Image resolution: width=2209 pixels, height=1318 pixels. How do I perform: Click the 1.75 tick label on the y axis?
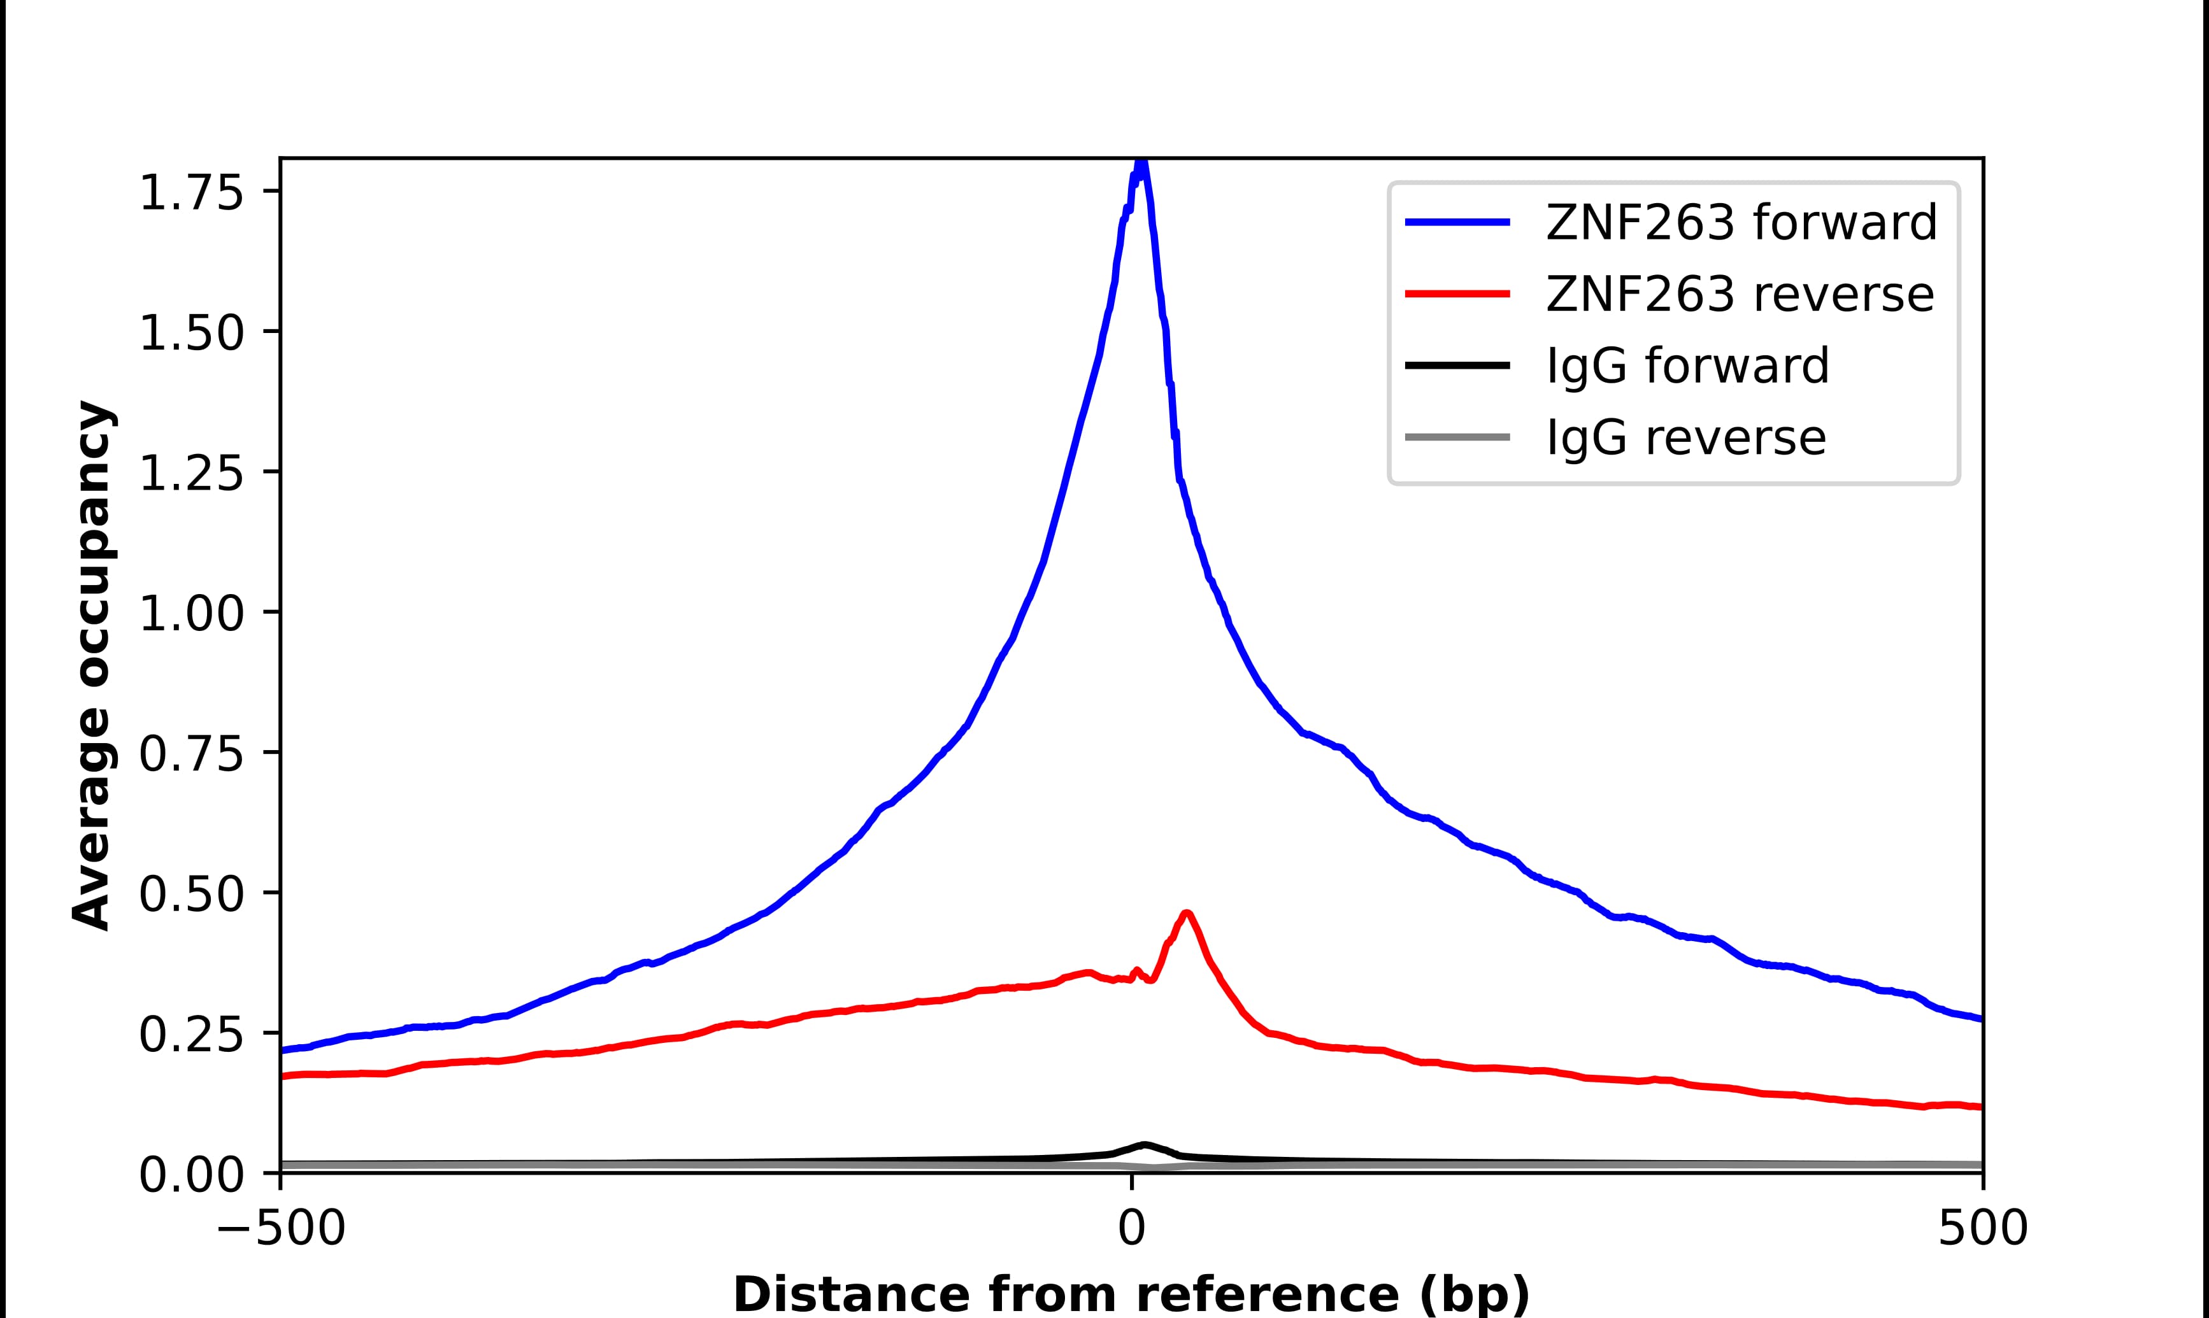click(191, 193)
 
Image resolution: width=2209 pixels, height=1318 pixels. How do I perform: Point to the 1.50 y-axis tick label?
click(191, 333)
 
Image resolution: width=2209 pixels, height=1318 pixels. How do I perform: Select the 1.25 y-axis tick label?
click(191, 473)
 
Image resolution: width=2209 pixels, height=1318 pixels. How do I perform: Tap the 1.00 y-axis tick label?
click(191, 614)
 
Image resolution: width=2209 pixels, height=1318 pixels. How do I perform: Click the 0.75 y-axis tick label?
click(191, 754)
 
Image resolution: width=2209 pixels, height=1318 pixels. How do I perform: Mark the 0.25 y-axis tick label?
click(191, 1035)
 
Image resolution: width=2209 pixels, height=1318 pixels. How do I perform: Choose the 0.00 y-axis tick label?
click(191, 1175)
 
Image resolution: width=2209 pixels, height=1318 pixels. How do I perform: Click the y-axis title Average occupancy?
click(92, 665)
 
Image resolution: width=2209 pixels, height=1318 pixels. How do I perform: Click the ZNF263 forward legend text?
click(1741, 222)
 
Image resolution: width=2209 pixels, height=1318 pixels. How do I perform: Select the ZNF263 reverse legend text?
click(1739, 294)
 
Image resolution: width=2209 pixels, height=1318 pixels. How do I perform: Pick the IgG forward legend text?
click(1687, 366)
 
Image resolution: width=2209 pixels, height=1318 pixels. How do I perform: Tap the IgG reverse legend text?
click(1686, 438)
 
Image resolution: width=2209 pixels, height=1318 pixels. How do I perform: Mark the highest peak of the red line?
click(1187, 913)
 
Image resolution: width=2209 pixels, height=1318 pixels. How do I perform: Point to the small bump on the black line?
click(1145, 1144)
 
